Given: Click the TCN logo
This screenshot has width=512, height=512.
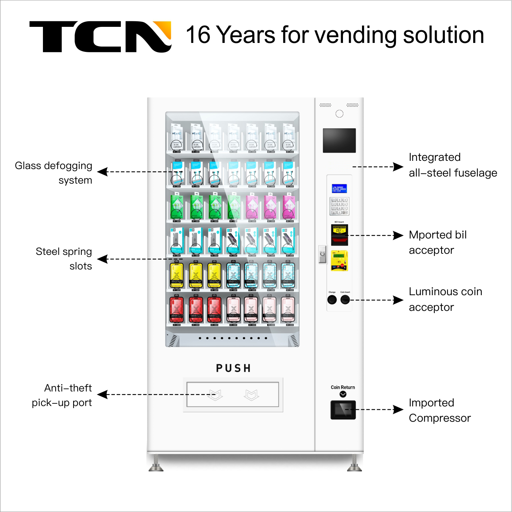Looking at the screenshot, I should pyautogui.click(x=100, y=37).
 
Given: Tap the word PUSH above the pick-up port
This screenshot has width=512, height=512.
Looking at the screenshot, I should pyautogui.click(x=233, y=368).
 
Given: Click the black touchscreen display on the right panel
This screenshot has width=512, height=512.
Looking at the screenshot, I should pyautogui.click(x=339, y=140).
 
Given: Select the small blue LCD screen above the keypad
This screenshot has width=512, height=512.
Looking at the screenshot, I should pyautogui.click(x=339, y=188).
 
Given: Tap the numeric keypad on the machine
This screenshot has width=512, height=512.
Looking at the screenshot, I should pyautogui.click(x=339, y=206).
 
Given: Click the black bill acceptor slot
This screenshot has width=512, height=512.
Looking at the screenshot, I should pyautogui.click(x=340, y=235).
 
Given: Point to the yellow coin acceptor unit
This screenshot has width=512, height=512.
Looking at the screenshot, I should pyautogui.click(x=339, y=260).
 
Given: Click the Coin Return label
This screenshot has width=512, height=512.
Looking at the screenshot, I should pyautogui.click(x=343, y=387).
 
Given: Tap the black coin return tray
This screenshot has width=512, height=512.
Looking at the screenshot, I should pyautogui.click(x=343, y=410).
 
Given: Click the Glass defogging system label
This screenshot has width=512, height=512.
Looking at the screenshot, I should pyautogui.click(x=53, y=173).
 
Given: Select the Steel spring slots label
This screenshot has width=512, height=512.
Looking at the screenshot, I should pyautogui.click(x=64, y=259).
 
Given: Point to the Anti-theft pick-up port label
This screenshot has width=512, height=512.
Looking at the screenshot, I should pyautogui.click(x=62, y=395).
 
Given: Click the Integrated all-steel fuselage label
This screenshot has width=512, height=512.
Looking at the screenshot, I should pyautogui.click(x=453, y=165).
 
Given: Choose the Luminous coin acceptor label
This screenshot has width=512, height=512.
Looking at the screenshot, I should pyautogui.click(x=445, y=299).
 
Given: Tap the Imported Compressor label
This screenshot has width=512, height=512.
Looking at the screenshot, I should pyautogui.click(x=440, y=410).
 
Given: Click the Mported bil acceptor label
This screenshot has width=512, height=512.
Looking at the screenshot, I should pyautogui.click(x=437, y=242).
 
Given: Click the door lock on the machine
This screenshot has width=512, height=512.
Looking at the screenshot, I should pyautogui.click(x=322, y=254).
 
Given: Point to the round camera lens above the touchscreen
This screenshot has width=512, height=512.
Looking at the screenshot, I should pyautogui.click(x=339, y=114).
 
